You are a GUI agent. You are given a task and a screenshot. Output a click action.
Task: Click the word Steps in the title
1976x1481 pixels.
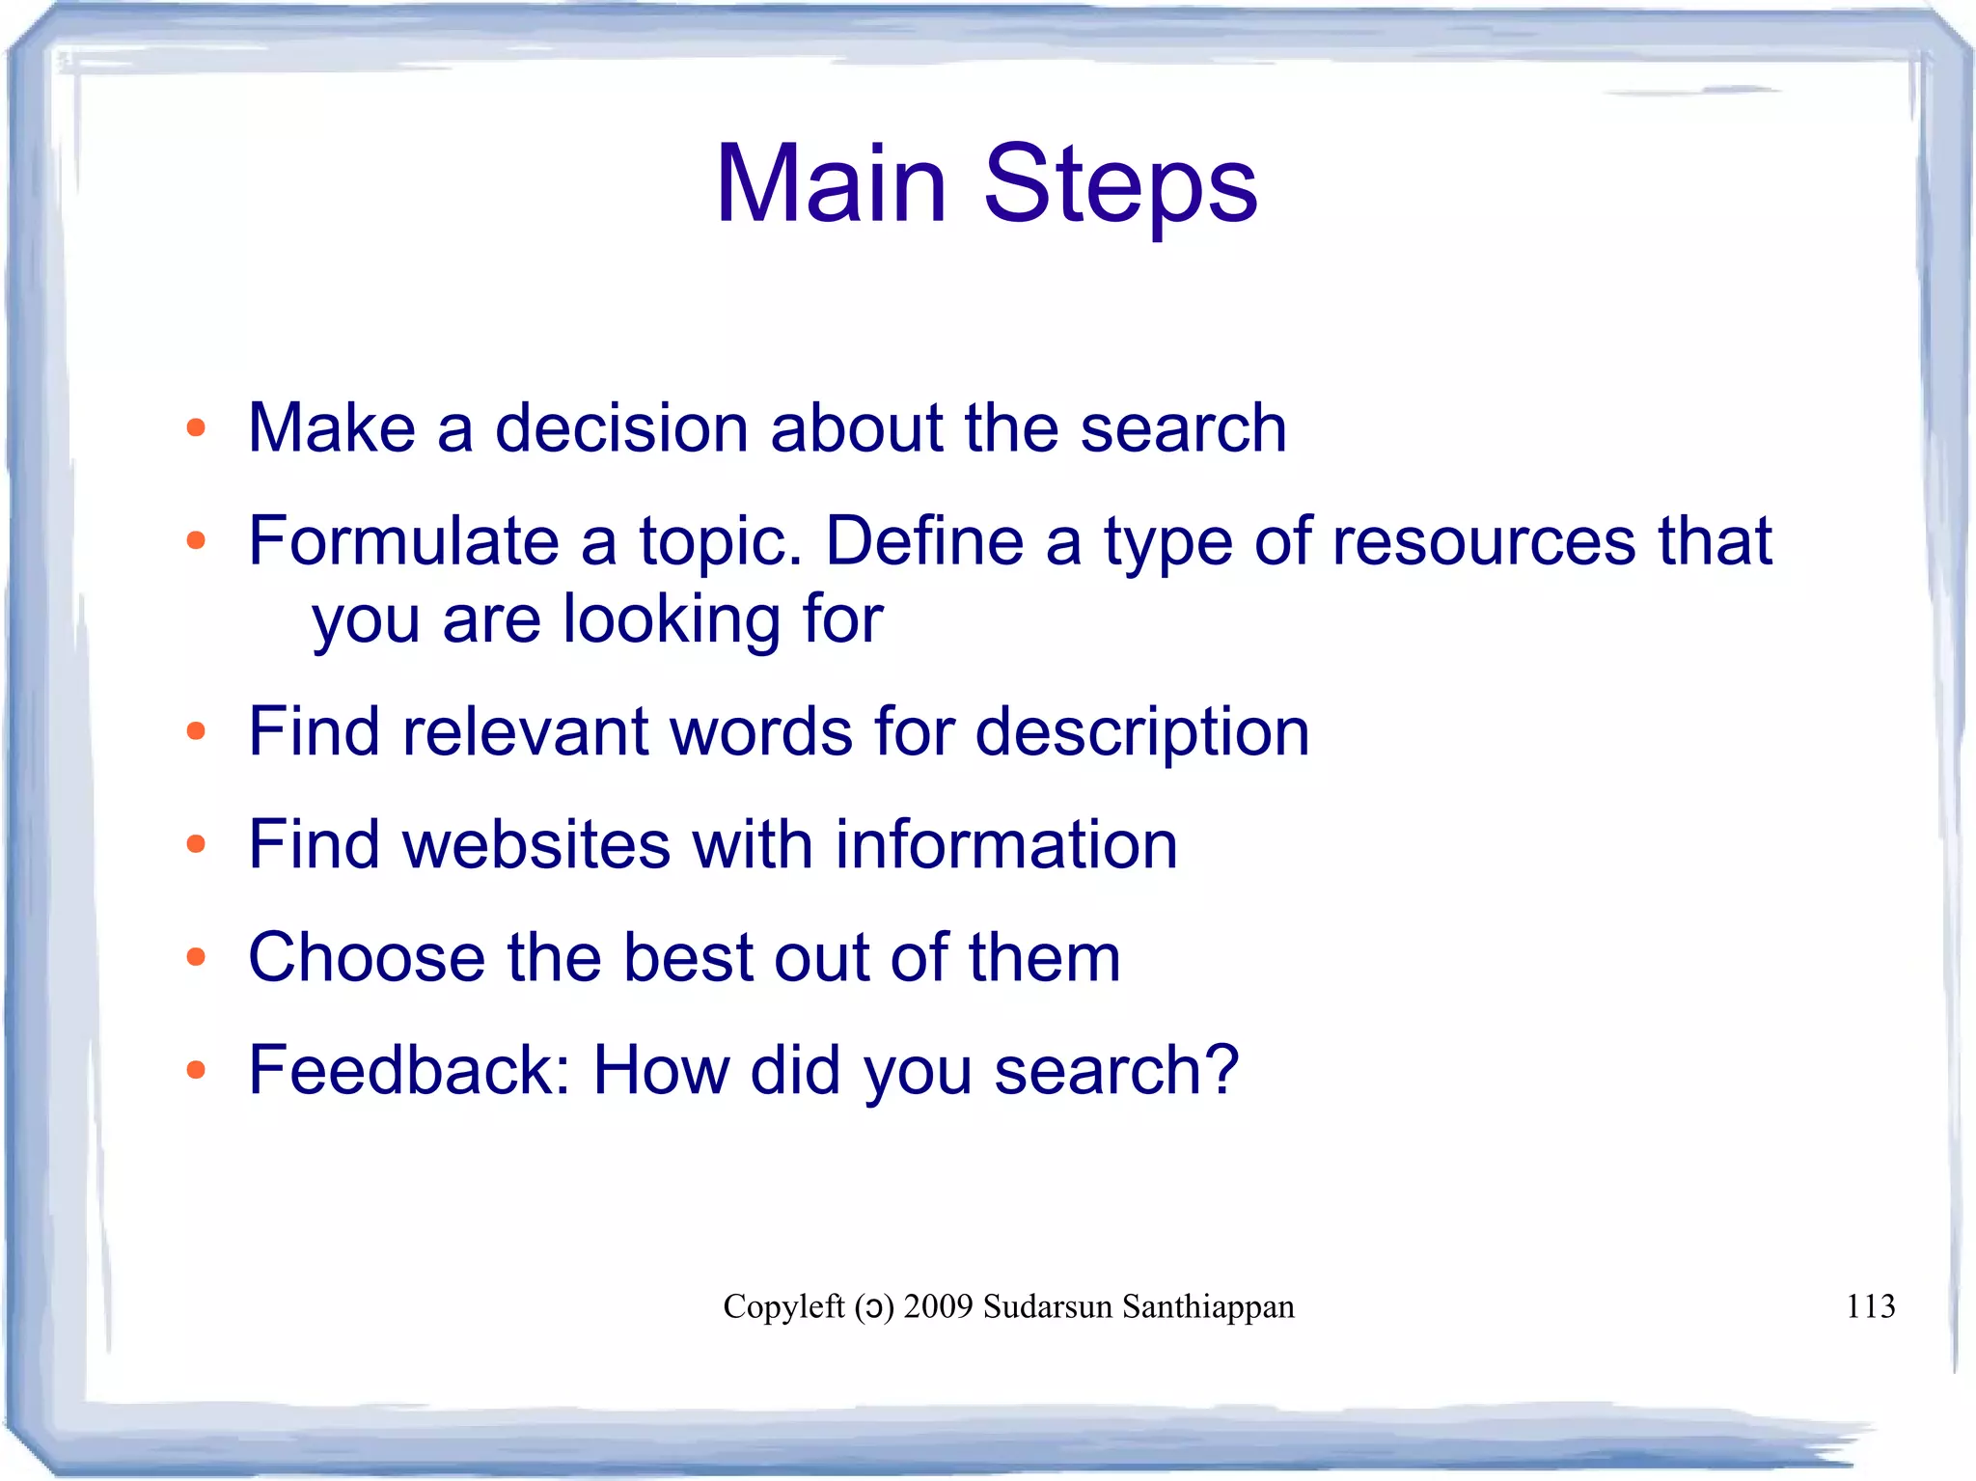1120,185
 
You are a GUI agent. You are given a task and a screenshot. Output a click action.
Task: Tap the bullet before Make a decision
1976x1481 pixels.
196,427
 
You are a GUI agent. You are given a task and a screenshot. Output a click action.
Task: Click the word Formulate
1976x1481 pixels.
403,540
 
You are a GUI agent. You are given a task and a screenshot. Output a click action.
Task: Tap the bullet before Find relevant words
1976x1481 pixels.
196,731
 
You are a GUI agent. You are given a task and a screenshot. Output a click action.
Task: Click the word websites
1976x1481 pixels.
535,844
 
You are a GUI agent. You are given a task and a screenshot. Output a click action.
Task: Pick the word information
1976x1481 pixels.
1006,844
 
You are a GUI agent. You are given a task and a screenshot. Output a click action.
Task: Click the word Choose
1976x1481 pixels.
367,957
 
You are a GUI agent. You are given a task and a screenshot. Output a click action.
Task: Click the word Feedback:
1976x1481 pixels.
409,1070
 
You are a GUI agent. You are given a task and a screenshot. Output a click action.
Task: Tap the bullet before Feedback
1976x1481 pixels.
196,1069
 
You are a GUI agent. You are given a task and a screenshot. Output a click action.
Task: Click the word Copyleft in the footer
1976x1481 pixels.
783,1306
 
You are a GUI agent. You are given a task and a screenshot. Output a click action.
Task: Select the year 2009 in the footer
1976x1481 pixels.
938,1306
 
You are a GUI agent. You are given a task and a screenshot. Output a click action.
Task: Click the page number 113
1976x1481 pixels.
1870,1306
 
